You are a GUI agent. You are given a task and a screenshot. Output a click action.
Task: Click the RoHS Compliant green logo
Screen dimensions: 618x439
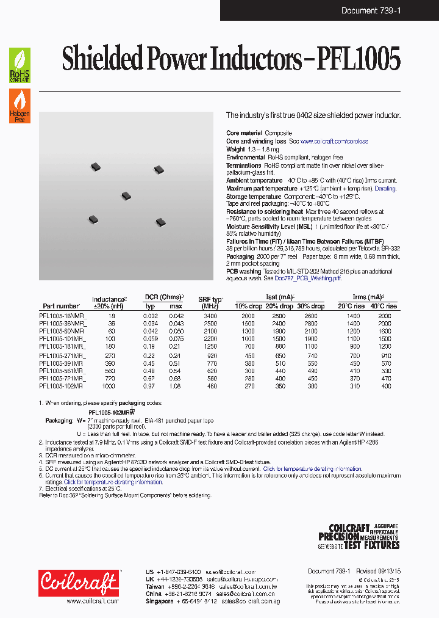coord(20,65)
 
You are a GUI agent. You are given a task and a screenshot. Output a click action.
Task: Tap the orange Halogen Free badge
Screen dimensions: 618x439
coord(20,106)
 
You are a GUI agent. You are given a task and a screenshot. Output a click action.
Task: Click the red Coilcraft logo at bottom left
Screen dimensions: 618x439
coord(77,583)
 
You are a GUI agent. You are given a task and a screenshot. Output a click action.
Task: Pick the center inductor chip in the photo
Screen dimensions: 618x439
coord(126,196)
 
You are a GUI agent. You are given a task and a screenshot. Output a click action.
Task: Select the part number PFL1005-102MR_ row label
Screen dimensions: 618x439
coord(63,386)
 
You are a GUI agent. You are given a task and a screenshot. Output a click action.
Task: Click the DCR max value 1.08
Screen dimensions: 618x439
coord(176,386)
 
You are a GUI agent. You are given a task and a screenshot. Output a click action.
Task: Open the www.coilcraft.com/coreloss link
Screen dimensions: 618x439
coord(334,141)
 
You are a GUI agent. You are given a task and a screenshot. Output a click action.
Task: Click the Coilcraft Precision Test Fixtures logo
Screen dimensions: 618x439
coord(359,537)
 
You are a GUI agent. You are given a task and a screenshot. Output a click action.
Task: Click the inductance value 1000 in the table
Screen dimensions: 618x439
coord(108,386)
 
